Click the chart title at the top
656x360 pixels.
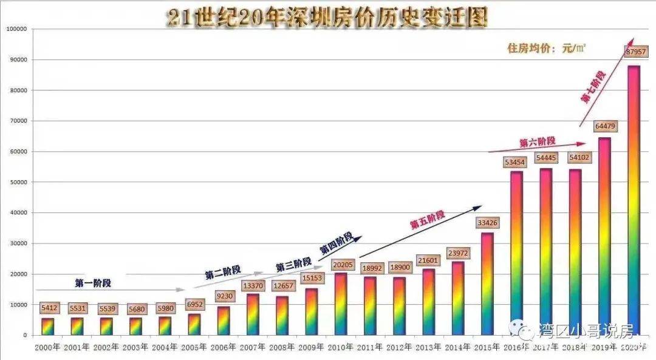click(x=327, y=18)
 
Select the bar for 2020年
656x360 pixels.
click(x=634, y=200)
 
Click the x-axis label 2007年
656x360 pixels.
click(x=253, y=347)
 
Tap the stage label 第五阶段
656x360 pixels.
click(x=427, y=220)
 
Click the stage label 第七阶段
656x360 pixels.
click(x=593, y=87)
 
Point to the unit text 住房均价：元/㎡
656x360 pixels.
click(x=546, y=48)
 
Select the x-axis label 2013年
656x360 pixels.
click(x=429, y=347)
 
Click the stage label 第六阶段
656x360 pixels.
click(x=537, y=141)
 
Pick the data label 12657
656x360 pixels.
click(x=282, y=286)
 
